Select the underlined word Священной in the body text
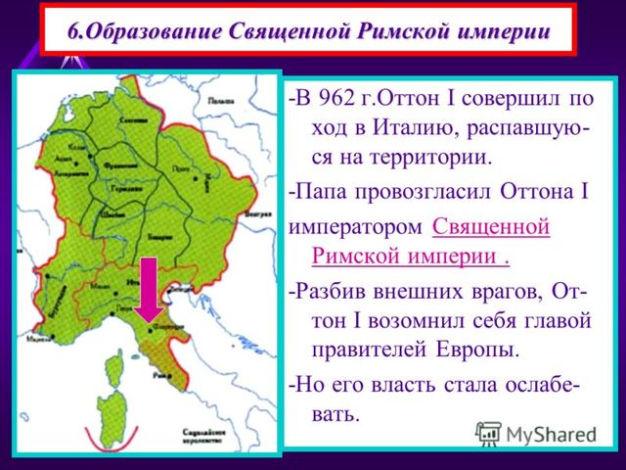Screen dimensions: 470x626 (x=490, y=227)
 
